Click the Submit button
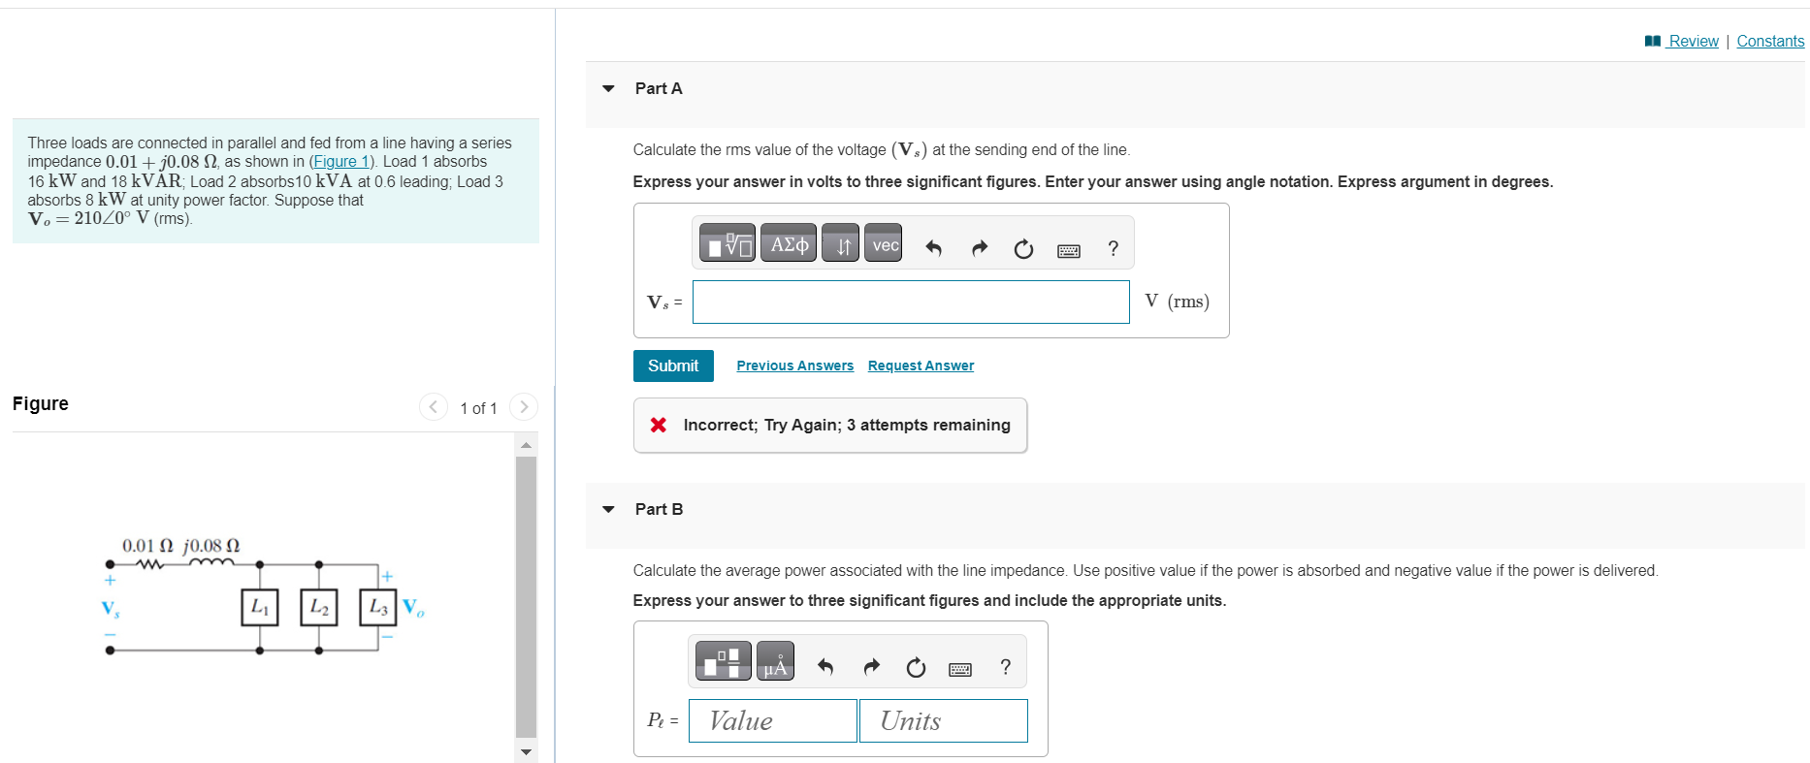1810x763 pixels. pyautogui.click(x=673, y=366)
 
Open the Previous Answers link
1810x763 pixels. pyautogui.click(x=794, y=366)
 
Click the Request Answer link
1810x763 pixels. pyautogui.click(x=921, y=366)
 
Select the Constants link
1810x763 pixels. pyautogui.click(x=1770, y=41)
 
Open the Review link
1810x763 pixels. pyautogui.click(x=1693, y=41)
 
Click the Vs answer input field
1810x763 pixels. pyautogui.click(x=911, y=302)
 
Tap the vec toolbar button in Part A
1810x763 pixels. pyautogui.click(x=885, y=245)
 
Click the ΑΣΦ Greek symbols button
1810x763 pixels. pyautogui.click(x=789, y=245)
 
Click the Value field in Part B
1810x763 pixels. pyautogui.click(x=772, y=720)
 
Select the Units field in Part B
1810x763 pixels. pyautogui.click(x=943, y=720)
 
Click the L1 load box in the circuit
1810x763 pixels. pyautogui.click(x=260, y=607)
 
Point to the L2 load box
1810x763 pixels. pyautogui.click(x=319, y=607)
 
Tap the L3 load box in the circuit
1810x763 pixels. pyautogui.click(x=378, y=607)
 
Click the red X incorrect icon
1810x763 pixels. pyautogui.click(x=659, y=425)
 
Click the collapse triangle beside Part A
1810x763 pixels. pyautogui.click(x=608, y=88)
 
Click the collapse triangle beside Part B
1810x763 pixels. pyautogui.click(x=608, y=509)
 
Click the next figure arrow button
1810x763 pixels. pyautogui.click(x=524, y=407)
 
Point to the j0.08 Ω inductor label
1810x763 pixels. pyautogui.click(x=211, y=546)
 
